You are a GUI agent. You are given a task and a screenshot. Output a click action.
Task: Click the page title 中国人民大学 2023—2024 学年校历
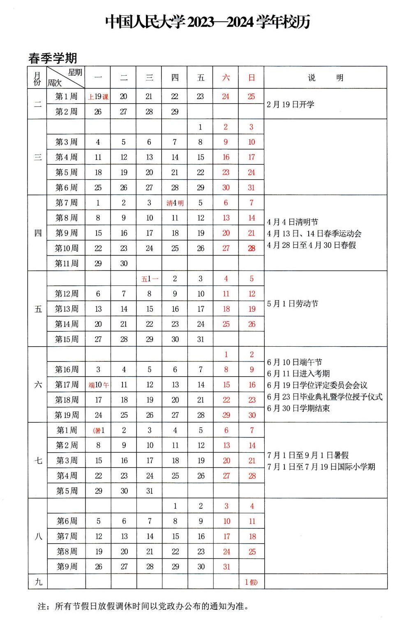(208, 22)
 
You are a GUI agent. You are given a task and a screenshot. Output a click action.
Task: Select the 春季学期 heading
(53, 58)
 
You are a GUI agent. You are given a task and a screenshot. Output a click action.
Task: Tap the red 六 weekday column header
(226, 78)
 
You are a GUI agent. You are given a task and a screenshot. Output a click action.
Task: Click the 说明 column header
(325, 78)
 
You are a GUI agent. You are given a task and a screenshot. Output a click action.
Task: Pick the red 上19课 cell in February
(98, 97)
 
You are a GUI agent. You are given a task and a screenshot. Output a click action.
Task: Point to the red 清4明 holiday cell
(175, 203)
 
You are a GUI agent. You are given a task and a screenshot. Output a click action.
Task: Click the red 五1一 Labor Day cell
(149, 279)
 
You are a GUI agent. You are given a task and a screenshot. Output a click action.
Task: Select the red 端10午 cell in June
(98, 385)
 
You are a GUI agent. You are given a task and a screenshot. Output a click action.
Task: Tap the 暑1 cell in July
(99, 431)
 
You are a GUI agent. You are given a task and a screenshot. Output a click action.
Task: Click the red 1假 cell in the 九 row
(251, 582)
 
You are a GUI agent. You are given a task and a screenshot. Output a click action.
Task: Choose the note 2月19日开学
(290, 104)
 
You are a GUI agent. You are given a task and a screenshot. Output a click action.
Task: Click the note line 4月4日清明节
(292, 222)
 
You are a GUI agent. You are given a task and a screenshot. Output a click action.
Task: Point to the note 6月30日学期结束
(298, 408)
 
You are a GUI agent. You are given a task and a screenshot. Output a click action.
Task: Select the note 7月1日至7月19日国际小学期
(321, 467)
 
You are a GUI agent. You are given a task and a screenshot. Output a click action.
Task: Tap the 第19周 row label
(67, 415)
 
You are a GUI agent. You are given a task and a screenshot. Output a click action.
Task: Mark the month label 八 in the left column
(38, 536)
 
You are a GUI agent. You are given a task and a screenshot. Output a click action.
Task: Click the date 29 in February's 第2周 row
(175, 112)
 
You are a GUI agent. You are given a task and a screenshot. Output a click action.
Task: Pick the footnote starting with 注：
(143, 606)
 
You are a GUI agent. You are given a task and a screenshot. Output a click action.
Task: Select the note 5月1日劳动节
(292, 303)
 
